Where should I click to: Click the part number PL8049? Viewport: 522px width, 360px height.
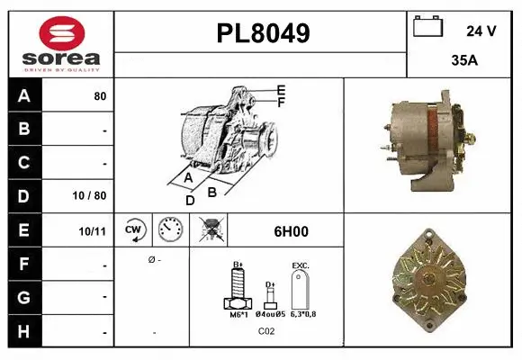click(x=263, y=34)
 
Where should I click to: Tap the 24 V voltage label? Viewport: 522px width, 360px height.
click(x=481, y=31)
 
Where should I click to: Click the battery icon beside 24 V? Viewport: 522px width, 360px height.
click(x=427, y=27)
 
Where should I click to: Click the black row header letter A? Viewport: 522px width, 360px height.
click(x=22, y=95)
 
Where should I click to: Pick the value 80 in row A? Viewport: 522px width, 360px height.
click(x=100, y=95)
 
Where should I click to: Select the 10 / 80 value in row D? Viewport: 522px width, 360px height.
click(x=93, y=194)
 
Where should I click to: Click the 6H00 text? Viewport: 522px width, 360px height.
click(x=291, y=231)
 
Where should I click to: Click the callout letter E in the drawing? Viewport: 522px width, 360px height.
click(x=282, y=90)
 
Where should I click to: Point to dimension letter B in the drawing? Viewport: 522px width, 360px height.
click(x=212, y=191)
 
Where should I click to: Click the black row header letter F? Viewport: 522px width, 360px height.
click(x=22, y=265)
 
